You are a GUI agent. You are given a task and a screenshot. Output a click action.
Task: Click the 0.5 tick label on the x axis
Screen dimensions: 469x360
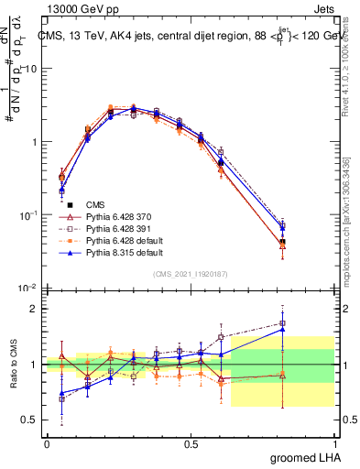pyautogui.click(x=191, y=444)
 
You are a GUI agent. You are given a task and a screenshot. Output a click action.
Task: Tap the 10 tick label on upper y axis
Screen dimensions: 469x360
pyautogui.click(x=30, y=69)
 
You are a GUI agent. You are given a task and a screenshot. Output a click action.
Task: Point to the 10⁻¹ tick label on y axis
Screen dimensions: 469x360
pyautogui.click(x=28, y=214)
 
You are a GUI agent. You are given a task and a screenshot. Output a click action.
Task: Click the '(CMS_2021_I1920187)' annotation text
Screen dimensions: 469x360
pyautogui.click(x=190, y=274)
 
